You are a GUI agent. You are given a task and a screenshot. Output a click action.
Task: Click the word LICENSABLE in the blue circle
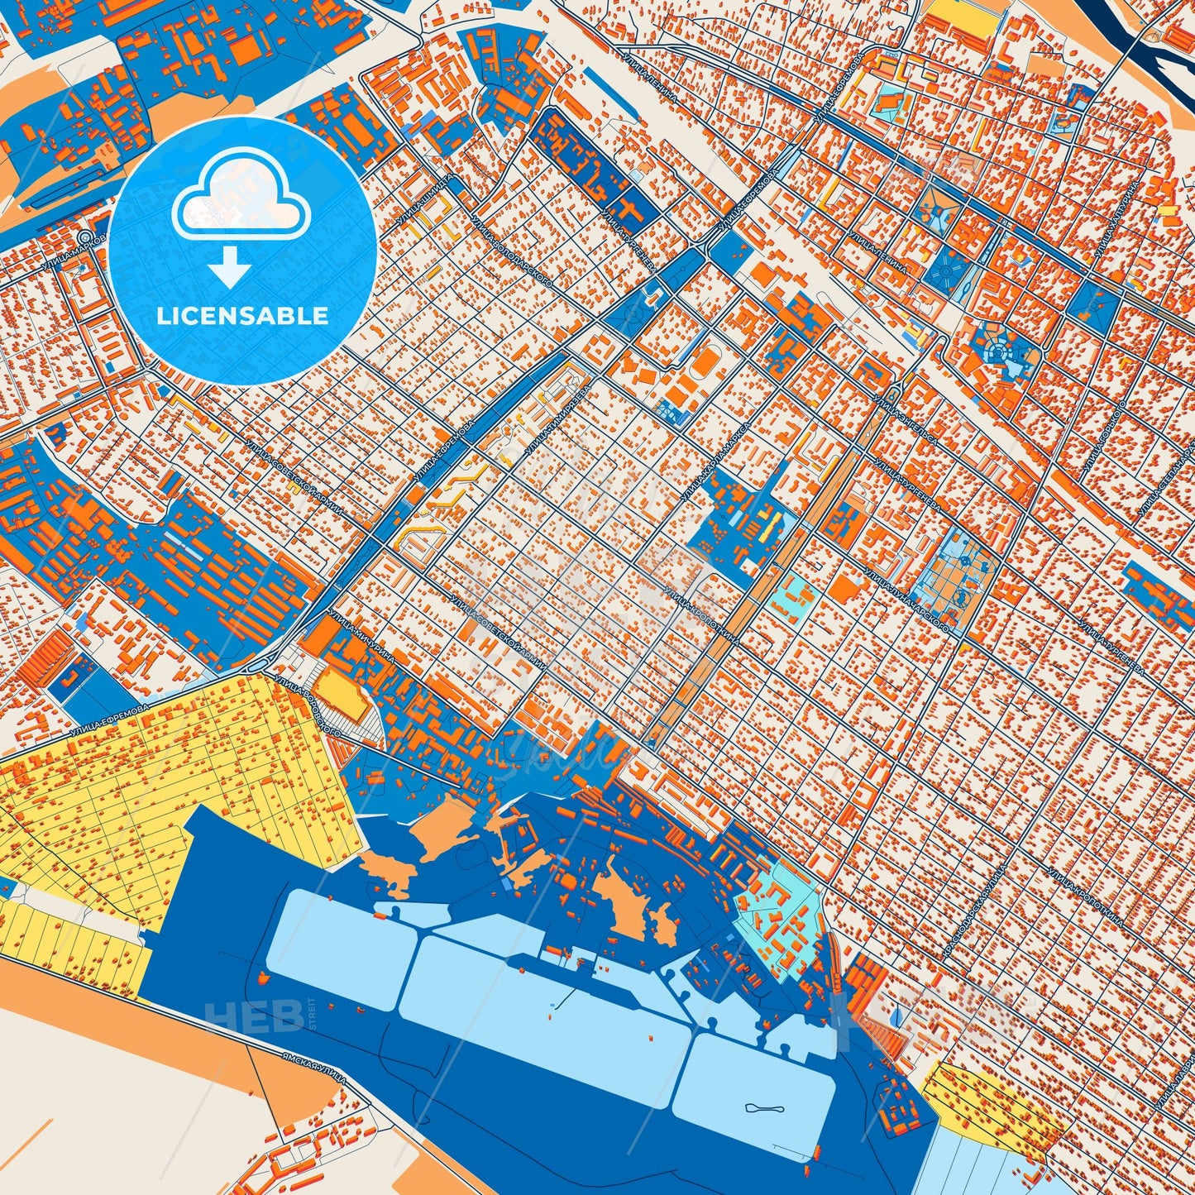pyautogui.click(x=243, y=316)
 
